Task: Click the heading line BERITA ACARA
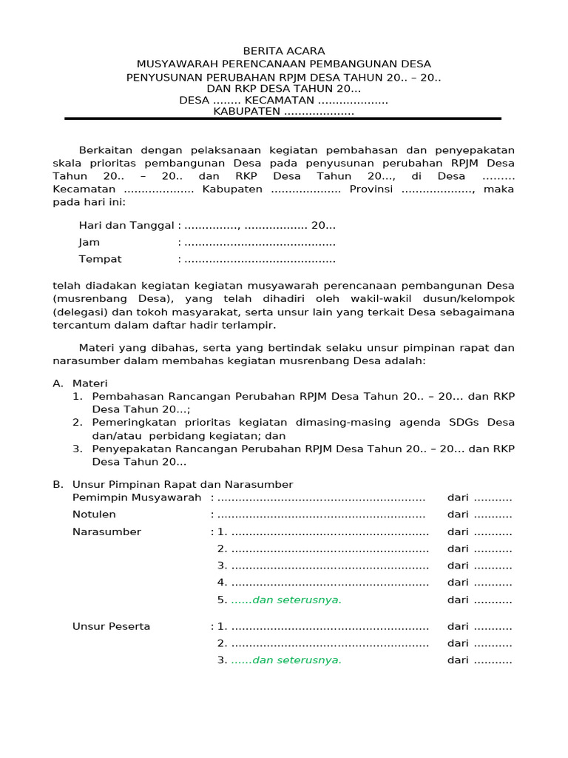click(x=284, y=50)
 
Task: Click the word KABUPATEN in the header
click(x=247, y=112)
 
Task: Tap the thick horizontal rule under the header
click(x=283, y=118)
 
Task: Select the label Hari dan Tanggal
click(x=126, y=226)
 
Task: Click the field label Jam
click(x=89, y=243)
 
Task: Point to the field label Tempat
click(x=100, y=260)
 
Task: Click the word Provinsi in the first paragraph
click(x=376, y=189)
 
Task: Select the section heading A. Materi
click(x=81, y=383)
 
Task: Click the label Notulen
click(x=94, y=514)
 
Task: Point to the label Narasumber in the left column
click(x=106, y=532)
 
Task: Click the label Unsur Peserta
click(x=111, y=627)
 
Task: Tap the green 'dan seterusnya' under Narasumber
click(x=286, y=600)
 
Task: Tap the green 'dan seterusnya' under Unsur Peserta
click(x=286, y=660)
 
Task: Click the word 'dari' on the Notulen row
click(x=458, y=514)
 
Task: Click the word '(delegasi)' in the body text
click(x=78, y=312)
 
